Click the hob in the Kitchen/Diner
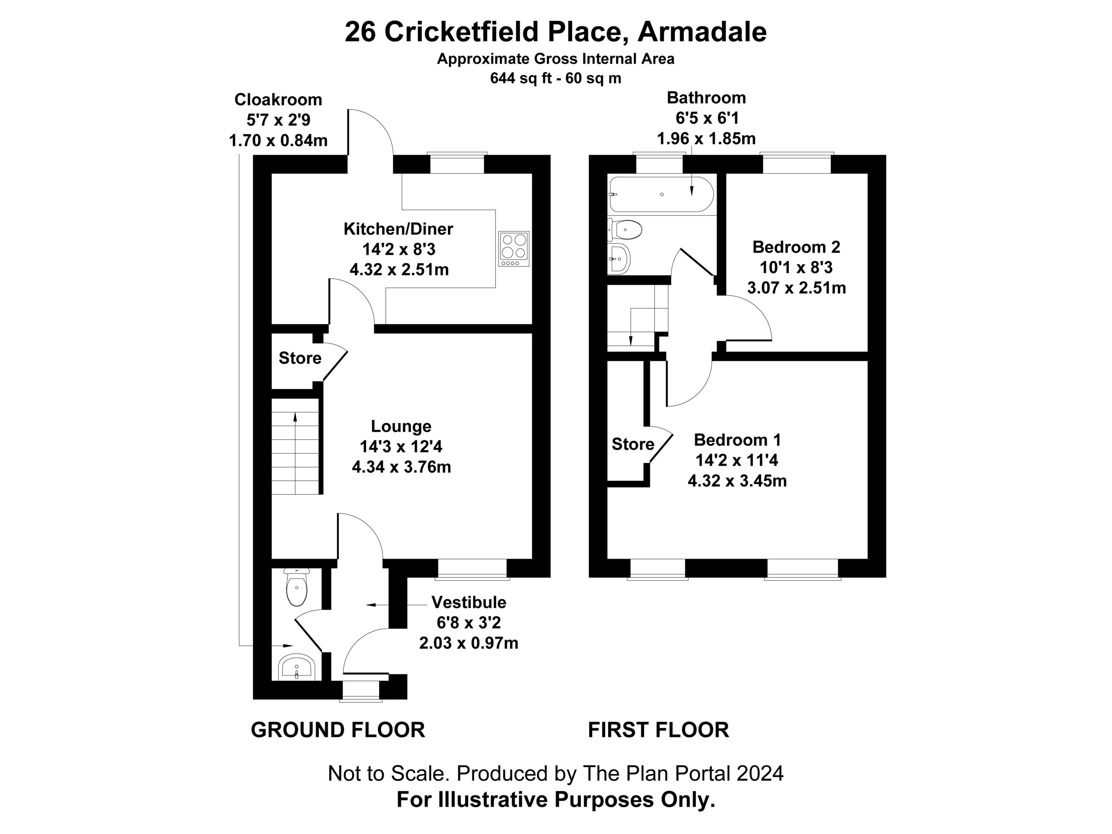514,249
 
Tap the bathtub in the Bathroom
661,195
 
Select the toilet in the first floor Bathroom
625,230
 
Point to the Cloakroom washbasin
297,668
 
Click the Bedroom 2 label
796,247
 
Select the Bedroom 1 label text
738,440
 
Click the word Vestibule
469,602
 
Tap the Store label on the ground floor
300,358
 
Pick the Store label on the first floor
633,444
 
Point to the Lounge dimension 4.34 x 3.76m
401,467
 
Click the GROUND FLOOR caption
338,730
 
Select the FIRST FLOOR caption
659,730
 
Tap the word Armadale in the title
702,32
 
